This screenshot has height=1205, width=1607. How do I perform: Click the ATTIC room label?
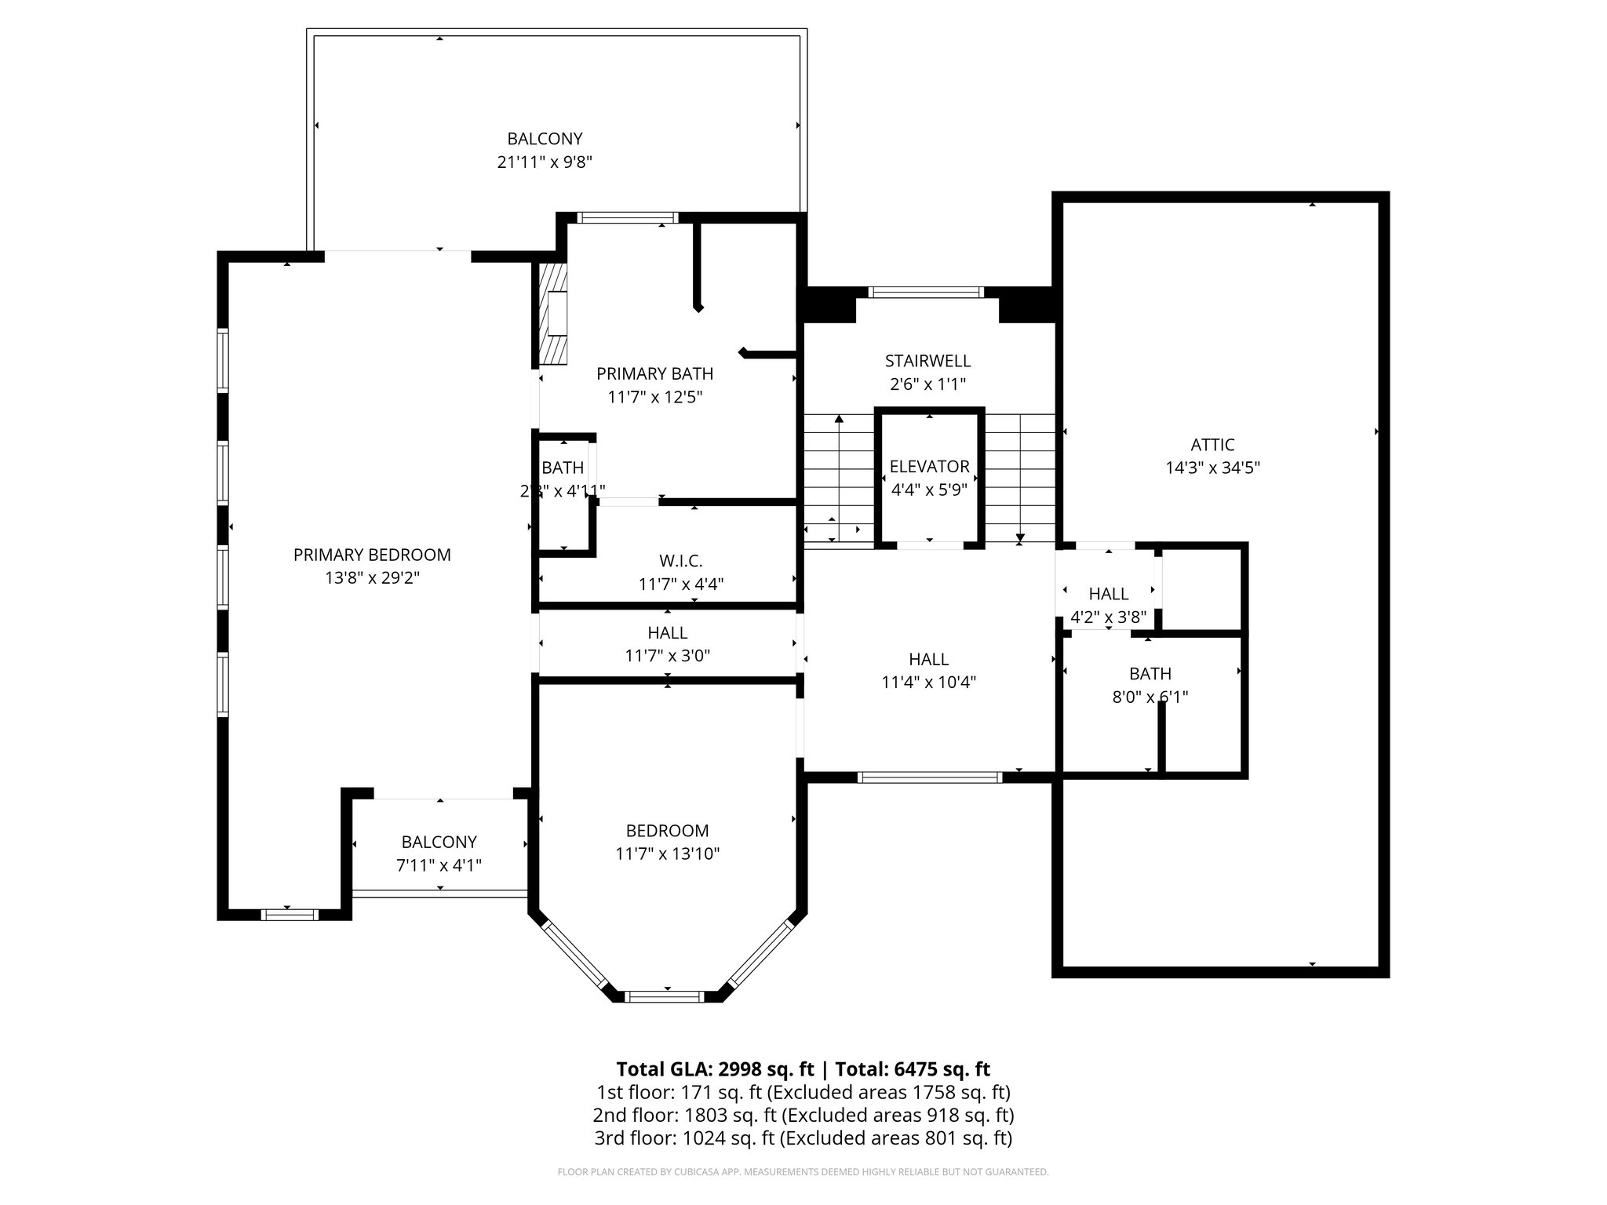(1212, 445)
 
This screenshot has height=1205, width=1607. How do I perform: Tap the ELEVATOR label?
(929, 467)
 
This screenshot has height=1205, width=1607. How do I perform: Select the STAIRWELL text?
(927, 361)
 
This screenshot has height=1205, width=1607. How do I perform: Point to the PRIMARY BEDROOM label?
(372, 555)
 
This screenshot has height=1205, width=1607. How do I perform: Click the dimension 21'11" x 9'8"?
(545, 162)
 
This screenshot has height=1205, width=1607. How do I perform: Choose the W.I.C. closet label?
(680, 561)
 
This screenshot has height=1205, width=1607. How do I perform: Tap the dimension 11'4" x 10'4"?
(928, 683)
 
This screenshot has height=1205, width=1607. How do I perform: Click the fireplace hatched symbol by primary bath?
(552, 314)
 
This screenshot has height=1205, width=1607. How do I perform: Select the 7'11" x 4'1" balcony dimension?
(439, 865)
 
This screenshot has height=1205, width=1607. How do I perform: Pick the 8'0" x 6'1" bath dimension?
(1150, 697)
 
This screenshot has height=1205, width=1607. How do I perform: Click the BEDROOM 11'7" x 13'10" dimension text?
(667, 854)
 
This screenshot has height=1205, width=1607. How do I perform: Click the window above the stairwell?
(926, 293)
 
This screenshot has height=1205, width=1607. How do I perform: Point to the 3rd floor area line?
(803, 1138)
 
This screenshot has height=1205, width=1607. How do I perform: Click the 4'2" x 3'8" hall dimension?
(1108, 617)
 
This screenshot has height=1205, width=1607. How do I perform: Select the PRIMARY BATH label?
(654, 373)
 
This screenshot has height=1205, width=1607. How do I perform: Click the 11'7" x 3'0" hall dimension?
(667, 656)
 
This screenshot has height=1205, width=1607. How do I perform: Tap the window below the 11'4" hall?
(929, 777)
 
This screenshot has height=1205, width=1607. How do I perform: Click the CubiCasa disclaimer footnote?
(803, 1172)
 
